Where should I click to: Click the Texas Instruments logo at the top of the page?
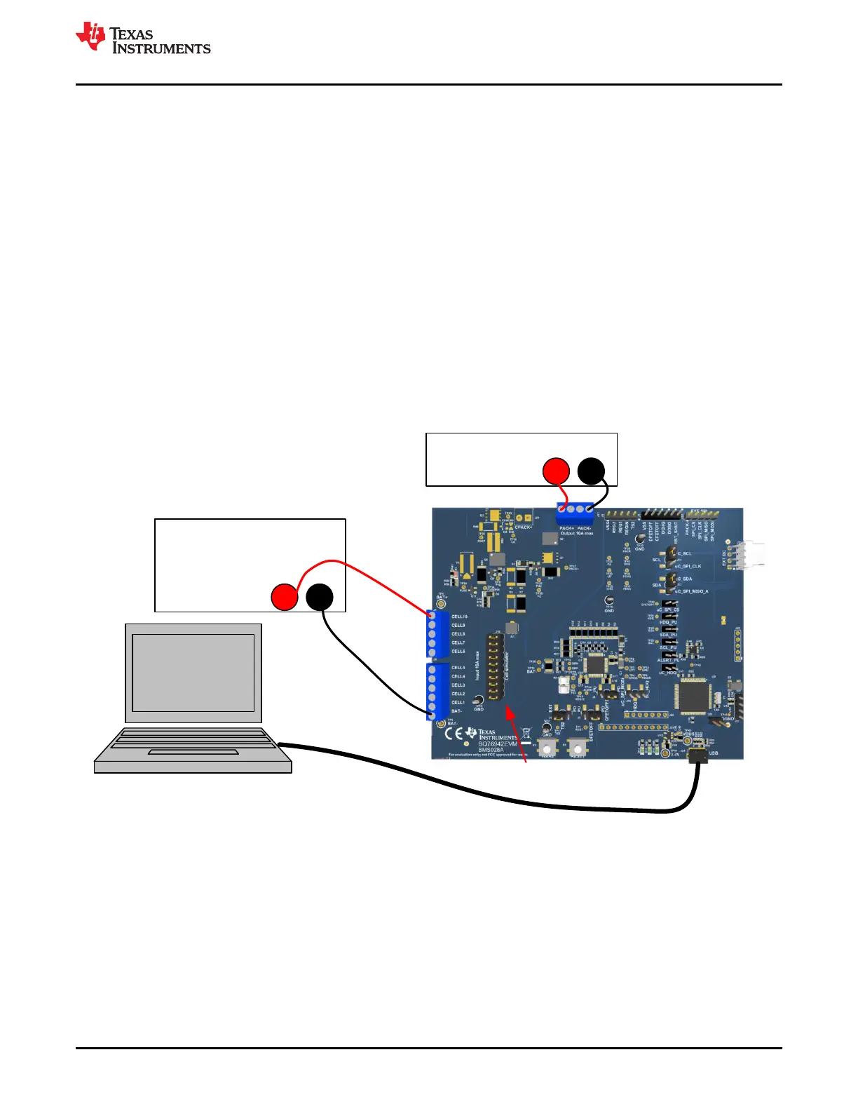coord(143,38)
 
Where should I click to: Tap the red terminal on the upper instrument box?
coord(557,471)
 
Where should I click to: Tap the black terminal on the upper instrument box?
coord(591,471)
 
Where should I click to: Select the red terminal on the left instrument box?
coord(285,596)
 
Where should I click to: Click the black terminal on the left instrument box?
coord(320,596)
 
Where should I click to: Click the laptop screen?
coord(193,673)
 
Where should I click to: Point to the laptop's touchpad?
coord(193,753)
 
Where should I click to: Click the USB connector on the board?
coord(697,755)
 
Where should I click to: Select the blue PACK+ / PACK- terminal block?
coord(575,513)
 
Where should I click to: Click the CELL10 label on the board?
coord(459,617)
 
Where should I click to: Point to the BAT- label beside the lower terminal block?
coord(456,711)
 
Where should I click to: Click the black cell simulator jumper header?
coord(495,667)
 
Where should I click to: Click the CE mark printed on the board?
coord(454,735)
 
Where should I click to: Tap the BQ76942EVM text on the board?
coord(498,744)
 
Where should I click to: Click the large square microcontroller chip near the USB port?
coord(693,695)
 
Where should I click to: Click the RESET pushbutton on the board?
coord(577,748)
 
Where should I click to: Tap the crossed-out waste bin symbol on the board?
coord(526,734)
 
